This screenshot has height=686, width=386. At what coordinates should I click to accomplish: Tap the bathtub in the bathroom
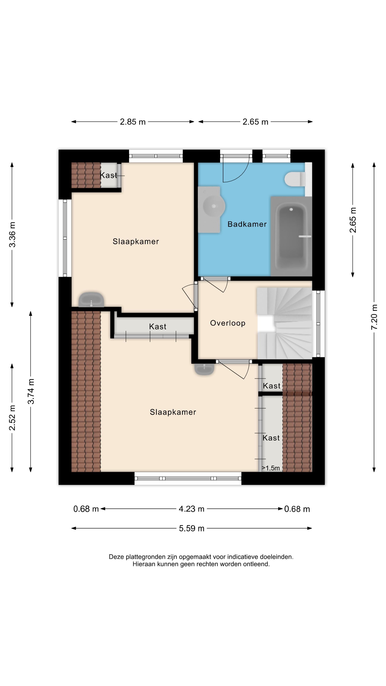tap(291, 236)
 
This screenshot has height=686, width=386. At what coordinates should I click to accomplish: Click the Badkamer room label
tap(247, 224)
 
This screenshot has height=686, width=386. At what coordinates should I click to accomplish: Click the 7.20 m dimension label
tap(374, 317)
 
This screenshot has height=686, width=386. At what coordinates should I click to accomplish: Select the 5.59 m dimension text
tap(192, 528)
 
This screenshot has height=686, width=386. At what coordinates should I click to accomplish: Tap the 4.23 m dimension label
tap(192, 509)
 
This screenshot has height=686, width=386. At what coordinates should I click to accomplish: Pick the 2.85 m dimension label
tap(133, 122)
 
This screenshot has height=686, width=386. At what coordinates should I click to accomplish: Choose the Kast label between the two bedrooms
tap(158, 327)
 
